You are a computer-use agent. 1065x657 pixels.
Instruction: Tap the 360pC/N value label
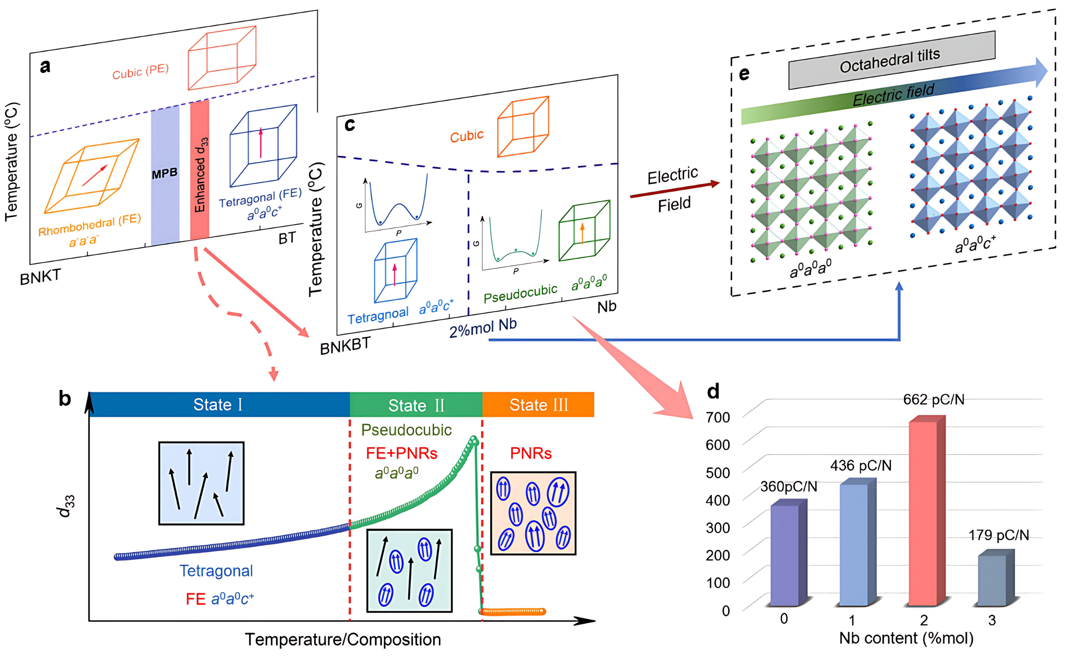pos(788,487)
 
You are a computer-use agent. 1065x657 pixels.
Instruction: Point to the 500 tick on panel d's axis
pos(718,472)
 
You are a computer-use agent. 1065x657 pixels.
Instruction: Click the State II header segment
pos(416,405)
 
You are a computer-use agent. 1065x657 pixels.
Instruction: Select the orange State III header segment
pos(538,405)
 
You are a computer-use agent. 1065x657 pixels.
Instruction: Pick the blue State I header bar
pos(218,404)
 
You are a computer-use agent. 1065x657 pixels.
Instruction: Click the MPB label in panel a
pos(164,174)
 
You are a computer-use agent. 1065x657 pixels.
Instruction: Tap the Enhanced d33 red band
pos(200,172)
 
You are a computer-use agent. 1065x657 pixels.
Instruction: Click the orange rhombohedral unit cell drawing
pos(92,177)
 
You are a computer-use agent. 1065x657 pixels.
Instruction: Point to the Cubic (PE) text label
pos(140,72)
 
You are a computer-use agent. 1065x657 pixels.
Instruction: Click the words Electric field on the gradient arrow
pos(893,95)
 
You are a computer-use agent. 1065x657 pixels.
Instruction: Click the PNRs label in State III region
pos(530,453)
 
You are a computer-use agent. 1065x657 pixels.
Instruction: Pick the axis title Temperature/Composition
pos(343,639)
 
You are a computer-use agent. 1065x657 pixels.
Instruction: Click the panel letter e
pos(744,74)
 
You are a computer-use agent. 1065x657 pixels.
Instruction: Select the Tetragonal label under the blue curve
pos(216,571)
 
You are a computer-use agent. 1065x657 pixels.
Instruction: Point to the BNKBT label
pos(345,345)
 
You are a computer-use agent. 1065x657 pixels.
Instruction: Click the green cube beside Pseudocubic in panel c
pos(583,231)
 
